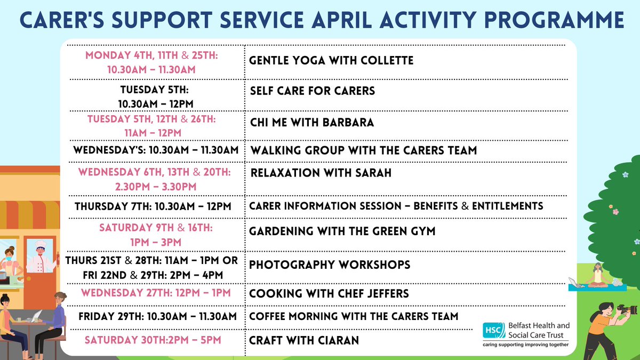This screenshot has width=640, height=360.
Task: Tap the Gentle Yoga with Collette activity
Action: click(331, 60)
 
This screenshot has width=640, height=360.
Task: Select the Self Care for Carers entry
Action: click(313, 91)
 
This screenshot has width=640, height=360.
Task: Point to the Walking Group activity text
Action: click(363, 150)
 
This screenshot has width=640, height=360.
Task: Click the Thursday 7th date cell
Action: click(153, 206)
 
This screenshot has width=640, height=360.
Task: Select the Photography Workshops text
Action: click(330, 265)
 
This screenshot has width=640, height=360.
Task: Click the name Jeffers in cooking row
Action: click(390, 293)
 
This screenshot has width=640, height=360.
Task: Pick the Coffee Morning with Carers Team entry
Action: click(354, 316)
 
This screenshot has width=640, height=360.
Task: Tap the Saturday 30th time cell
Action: click(153, 340)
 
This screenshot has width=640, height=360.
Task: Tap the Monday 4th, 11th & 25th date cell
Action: click(153, 61)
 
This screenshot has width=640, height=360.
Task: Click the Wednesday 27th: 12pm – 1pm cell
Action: click(153, 293)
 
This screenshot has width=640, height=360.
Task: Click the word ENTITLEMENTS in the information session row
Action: click(506, 206)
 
